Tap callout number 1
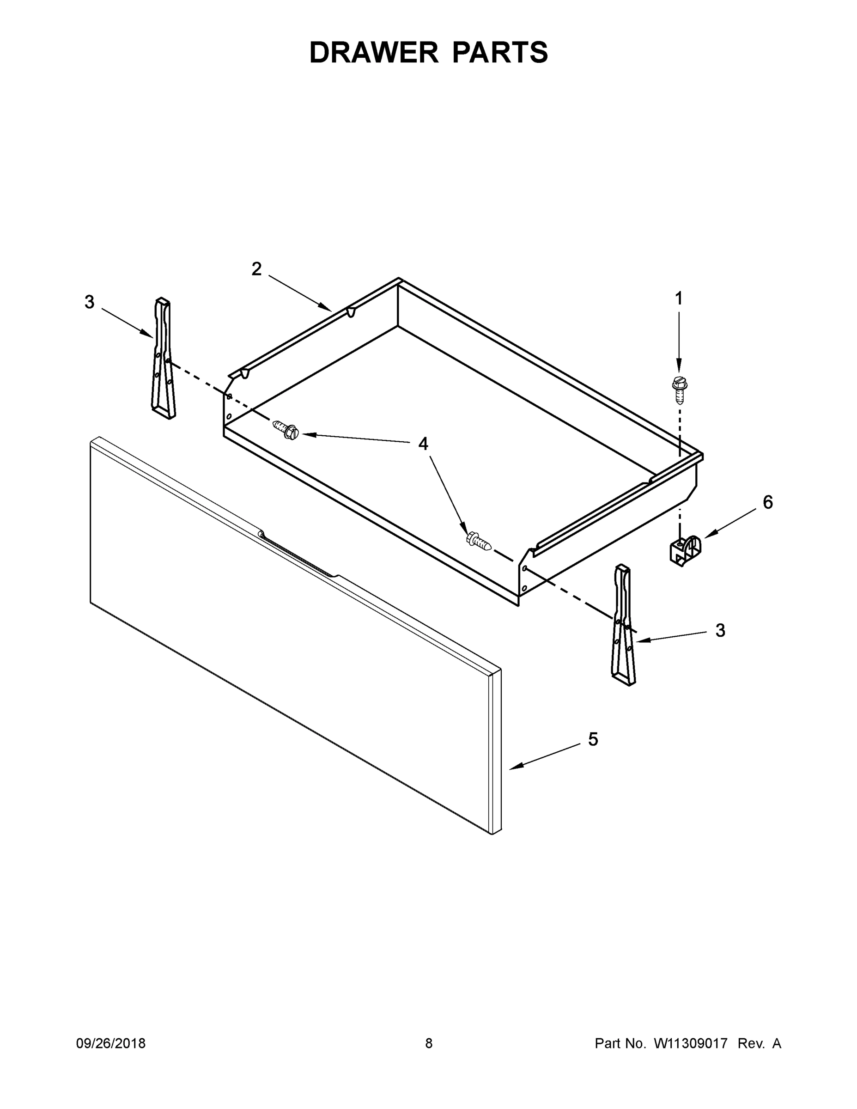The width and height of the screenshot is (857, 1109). pyautogui.click(x=678, y=299)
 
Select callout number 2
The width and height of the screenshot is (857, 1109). pyautogui.click(x=256, y=269)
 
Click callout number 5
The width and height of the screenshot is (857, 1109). pyautogui.click(x=593, y=739)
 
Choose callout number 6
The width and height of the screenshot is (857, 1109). pyautogui.click(x=768, y=502)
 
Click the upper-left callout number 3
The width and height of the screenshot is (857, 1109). pyautogui.click(x=89, y=302)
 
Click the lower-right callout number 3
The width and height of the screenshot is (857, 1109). pyautogui.click(x=720, y=630)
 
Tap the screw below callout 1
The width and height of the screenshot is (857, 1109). pyautogui.click(x=678, y=389)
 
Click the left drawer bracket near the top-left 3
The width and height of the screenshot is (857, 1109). pyautogui.click(x=163, y=358)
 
